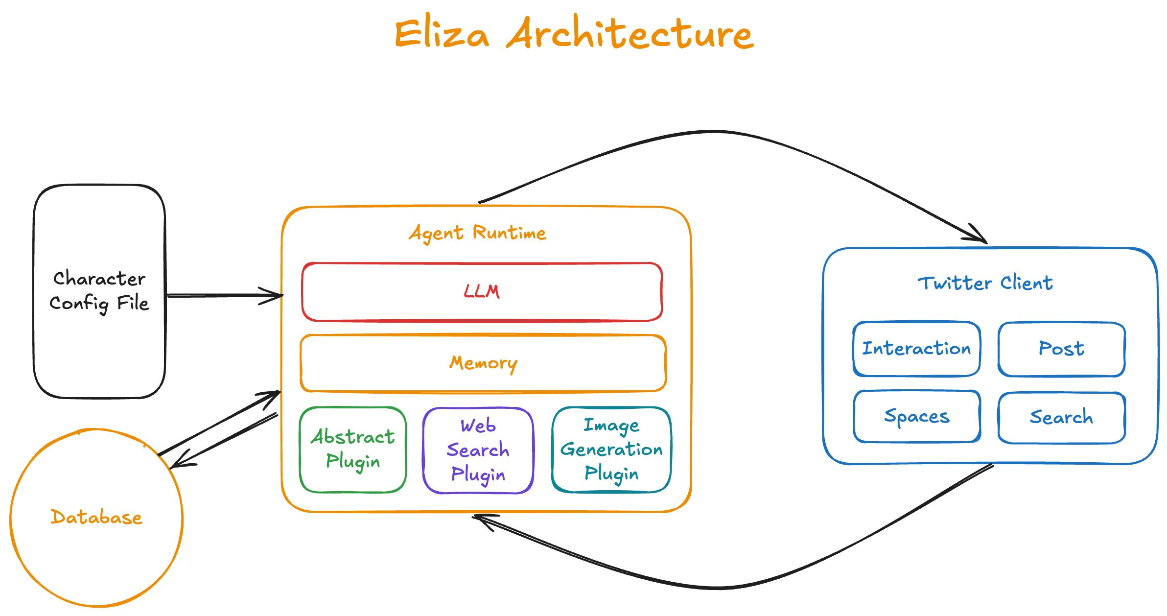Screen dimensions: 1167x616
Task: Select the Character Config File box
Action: pos(99,291)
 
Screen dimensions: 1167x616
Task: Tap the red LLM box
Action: pos(482,292)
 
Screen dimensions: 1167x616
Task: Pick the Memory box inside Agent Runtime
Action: pos(483,363)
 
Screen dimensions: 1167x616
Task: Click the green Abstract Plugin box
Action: pos(353,450)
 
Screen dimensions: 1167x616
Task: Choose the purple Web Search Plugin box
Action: pos(478,450)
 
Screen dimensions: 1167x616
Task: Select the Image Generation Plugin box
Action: pos(611,450)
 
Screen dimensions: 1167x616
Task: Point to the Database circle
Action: pos(96,518)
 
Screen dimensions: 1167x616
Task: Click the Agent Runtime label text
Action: pos(478,233)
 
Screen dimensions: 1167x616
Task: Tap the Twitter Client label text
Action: pos(985,283)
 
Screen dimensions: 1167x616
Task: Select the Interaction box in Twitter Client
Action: pos(917,349)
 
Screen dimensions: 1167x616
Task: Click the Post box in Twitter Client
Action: pos(1062,349)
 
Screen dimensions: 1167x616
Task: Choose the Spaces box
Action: pos(917,417)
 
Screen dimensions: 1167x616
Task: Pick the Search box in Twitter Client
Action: pos(1062,418)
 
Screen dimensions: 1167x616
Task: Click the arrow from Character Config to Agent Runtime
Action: pos(225,295)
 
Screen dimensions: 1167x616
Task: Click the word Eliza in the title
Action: pos(442,33)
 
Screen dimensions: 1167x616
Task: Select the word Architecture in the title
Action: pos(630,32)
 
